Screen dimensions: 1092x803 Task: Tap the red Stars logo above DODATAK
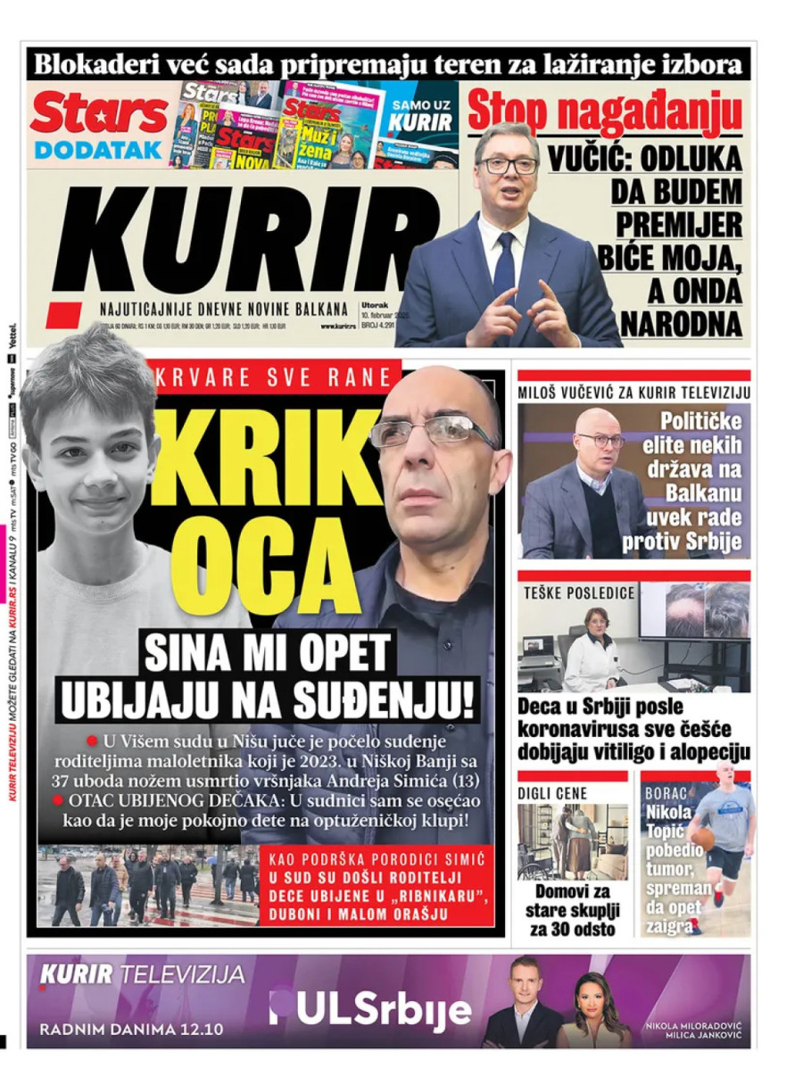[98, 114]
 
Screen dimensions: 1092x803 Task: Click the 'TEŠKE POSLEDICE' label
[578, 592]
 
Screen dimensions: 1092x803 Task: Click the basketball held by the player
[705, 840]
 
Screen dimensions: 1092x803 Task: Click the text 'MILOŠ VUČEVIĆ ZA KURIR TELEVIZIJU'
[633, 392]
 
